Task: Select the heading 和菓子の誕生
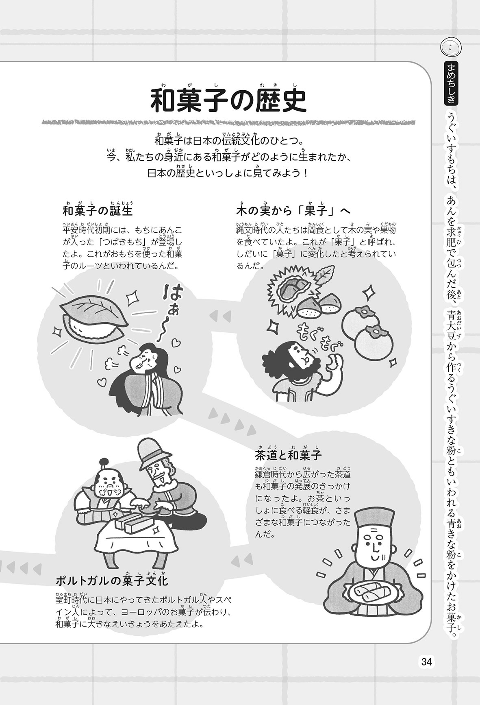click(98, 210)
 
